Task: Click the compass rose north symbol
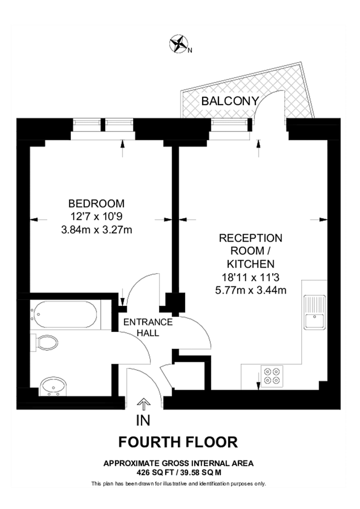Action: click(179, 44)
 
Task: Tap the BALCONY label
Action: click(230, 101)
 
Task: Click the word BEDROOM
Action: click(96, 204)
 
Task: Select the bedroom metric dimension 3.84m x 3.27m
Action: click(96, 230)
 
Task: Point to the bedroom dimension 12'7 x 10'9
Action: click(96, 217)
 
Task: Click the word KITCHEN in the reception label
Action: click(251, 264)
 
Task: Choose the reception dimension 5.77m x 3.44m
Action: click(251, 291)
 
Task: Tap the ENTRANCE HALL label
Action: click(148, 327)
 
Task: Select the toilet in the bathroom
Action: click(46, 343)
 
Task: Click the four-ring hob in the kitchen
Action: click(272, 376)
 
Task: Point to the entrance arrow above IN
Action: click(144, 404)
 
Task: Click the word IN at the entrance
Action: click(144, 420)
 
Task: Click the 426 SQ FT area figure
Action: click(156, 471)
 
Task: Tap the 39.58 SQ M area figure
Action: click(200, 471)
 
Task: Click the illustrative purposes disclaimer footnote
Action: click(178, 484)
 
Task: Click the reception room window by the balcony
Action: click(231, 127)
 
